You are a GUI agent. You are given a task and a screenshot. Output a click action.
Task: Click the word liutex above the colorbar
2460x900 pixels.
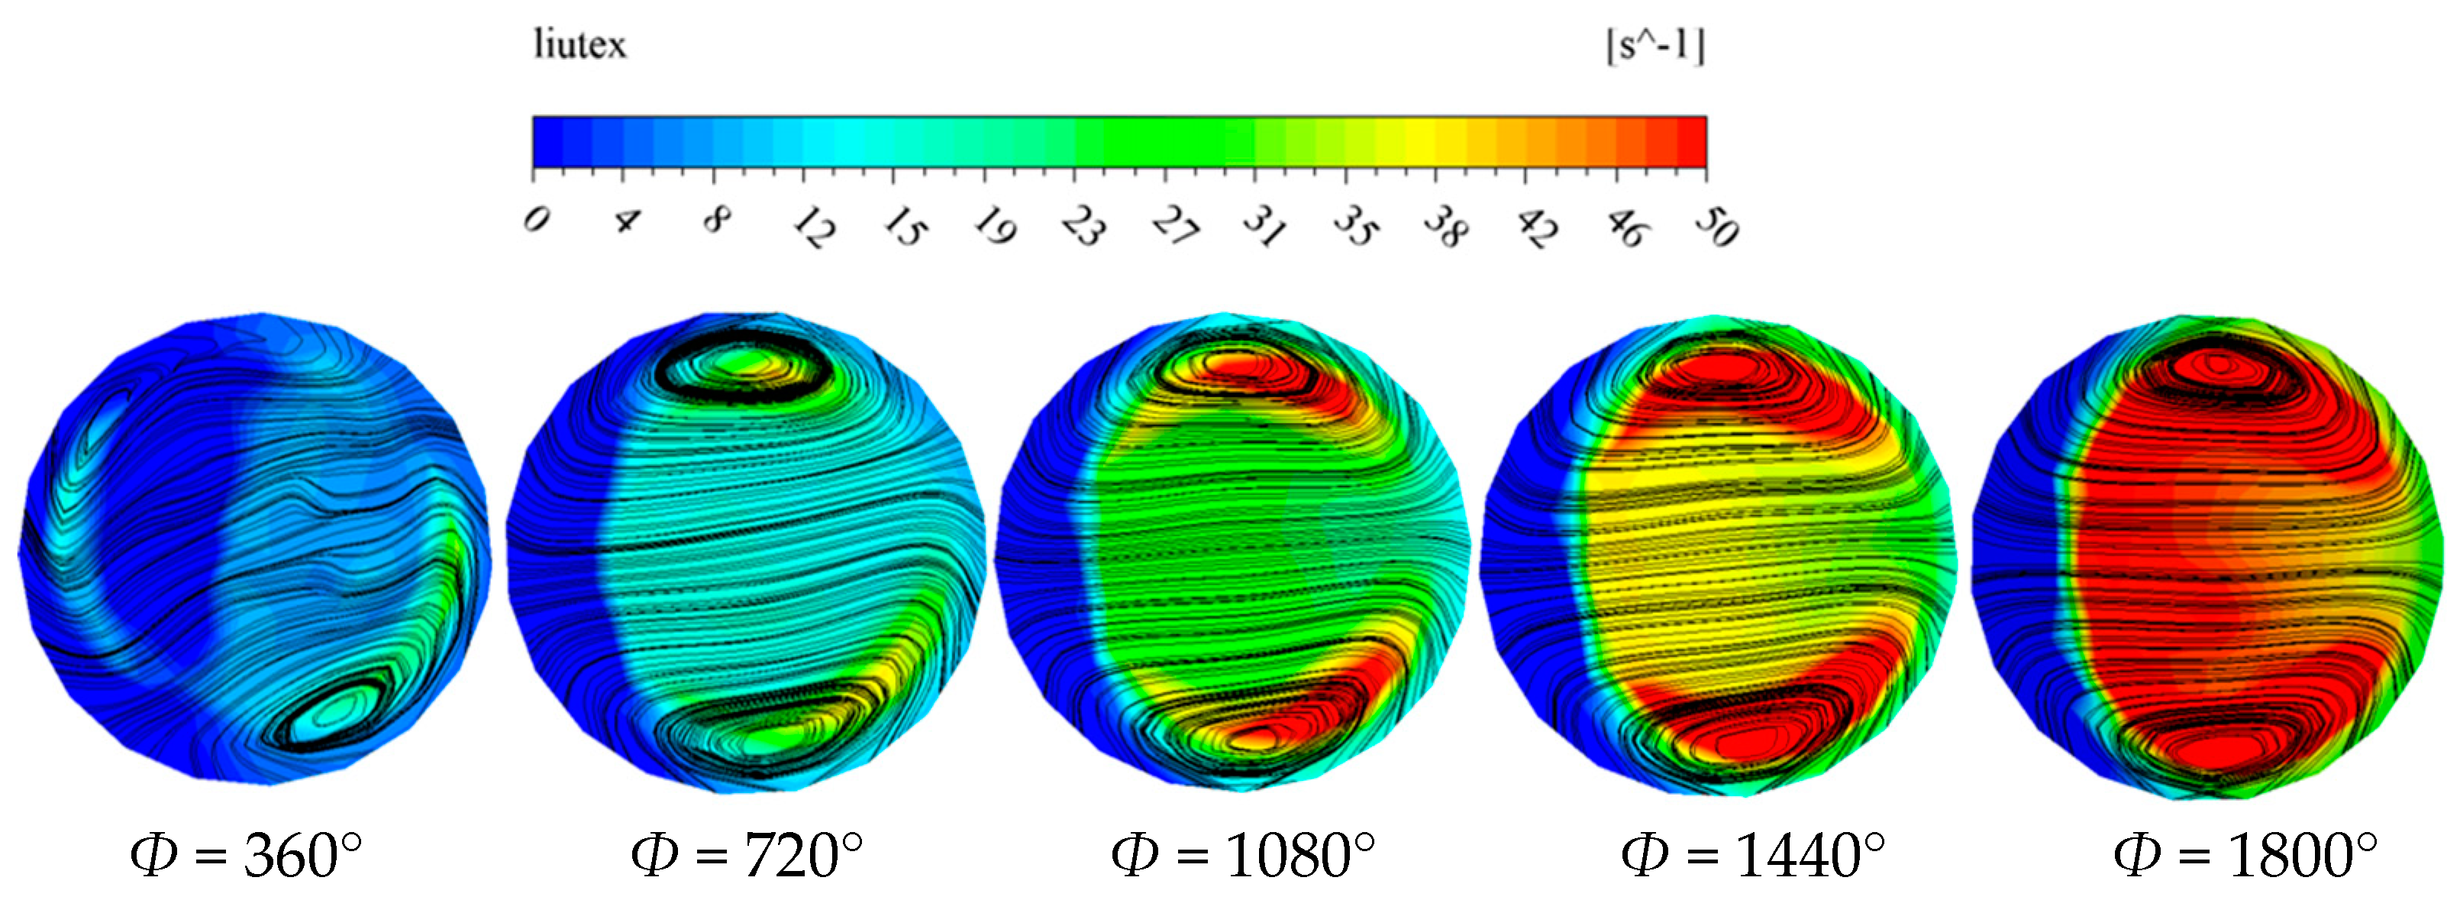[579, 45]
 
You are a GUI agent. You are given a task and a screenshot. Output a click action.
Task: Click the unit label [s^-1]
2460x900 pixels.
[1655, 46]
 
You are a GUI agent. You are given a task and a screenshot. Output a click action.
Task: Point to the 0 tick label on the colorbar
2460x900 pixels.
[537, 221]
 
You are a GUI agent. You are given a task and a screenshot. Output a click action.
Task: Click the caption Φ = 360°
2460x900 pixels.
[247, 855]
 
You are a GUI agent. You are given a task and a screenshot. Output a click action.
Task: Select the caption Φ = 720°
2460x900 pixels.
[747, 855]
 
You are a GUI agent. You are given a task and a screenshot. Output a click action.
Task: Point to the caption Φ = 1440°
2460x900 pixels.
[1753, 855]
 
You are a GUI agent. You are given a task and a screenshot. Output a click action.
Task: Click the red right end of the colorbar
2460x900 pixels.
[1690, 142]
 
